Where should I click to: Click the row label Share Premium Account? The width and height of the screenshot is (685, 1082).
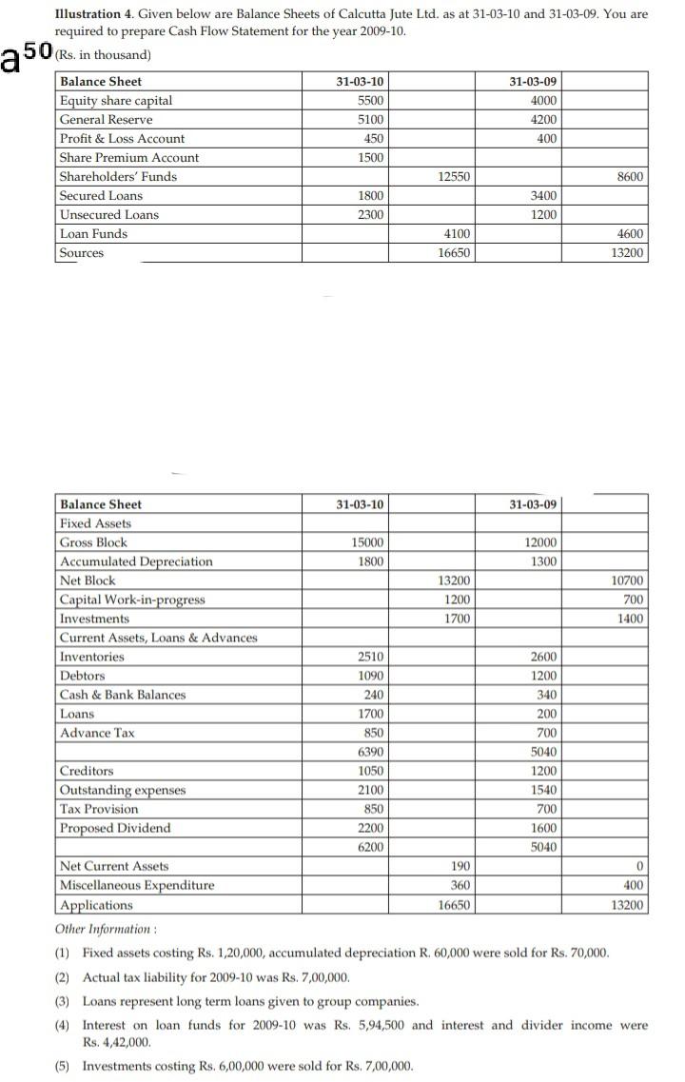129,158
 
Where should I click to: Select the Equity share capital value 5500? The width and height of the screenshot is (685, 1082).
370,101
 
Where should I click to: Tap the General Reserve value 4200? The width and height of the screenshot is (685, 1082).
543,120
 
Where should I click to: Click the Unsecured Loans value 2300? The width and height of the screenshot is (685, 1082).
370,215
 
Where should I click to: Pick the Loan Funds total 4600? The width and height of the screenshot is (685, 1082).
629,234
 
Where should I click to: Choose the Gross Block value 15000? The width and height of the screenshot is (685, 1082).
367,542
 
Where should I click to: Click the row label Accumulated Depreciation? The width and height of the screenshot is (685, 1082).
136,561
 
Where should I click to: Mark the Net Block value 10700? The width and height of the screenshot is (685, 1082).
628,580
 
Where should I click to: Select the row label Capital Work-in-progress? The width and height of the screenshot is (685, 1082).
132,600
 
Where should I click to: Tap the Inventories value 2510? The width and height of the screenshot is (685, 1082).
370,657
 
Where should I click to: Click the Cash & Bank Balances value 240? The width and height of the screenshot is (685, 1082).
374,695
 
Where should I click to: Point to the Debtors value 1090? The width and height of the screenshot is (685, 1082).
370,676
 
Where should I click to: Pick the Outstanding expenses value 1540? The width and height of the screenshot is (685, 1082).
543,790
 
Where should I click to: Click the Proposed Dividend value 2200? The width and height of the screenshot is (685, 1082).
370,828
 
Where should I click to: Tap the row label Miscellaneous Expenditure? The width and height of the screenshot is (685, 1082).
137,885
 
